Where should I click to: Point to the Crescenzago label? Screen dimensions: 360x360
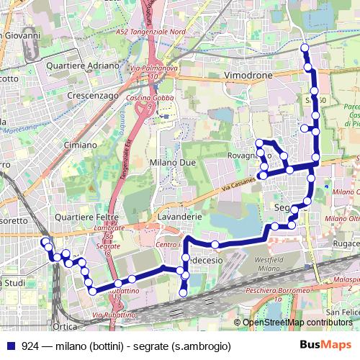click(x=92, y=94)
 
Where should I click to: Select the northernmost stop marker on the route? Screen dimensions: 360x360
click(x=304, y=48)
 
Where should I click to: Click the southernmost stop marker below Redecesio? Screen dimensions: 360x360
click(x=183, y=292)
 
